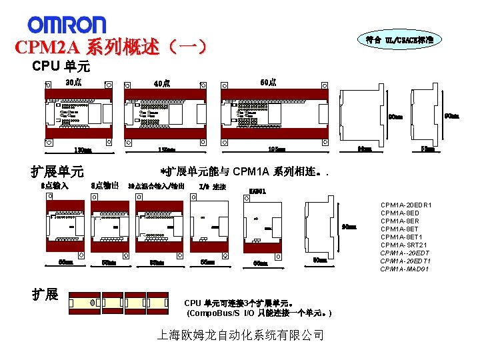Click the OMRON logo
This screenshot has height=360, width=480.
coord(67,25)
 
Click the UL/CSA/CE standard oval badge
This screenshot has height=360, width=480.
coord(399,40)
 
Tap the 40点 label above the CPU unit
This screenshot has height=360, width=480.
coord(161,84)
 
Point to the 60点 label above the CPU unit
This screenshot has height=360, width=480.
coord(269,82)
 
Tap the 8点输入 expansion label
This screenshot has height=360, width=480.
coord(55,186)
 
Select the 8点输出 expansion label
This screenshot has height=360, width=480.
coord(105,186)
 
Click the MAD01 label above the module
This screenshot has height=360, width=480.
coord(257,192)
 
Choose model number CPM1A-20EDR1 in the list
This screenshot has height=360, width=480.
coord(406,205)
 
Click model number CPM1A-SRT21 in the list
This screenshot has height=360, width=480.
coord(403,245)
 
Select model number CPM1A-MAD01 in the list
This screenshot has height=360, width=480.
coord(405,269)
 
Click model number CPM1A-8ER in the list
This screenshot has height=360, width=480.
coord(400,221)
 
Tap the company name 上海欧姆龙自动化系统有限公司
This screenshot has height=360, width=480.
coord(240,335)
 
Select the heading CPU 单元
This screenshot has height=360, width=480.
coord(61,67)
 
